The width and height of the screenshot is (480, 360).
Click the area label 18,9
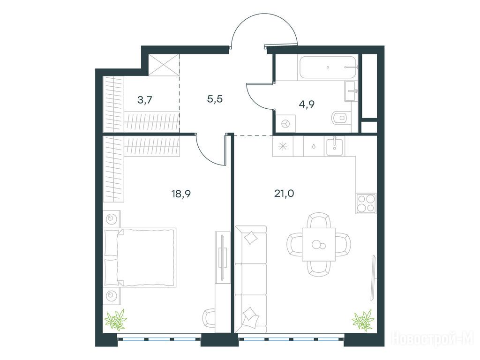181,194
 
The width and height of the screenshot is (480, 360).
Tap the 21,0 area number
284,194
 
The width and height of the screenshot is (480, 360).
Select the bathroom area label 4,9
307,105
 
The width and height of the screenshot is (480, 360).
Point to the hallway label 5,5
215,99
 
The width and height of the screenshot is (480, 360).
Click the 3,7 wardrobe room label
145,100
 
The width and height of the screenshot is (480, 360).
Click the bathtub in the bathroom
329,67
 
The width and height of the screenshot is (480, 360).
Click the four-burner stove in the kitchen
366,203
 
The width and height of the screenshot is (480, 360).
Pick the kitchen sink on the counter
335,146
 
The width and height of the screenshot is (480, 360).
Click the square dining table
319,244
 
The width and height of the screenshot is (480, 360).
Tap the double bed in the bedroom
140,257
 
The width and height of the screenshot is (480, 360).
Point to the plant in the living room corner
363,320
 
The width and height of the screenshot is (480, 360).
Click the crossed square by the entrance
164,65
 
